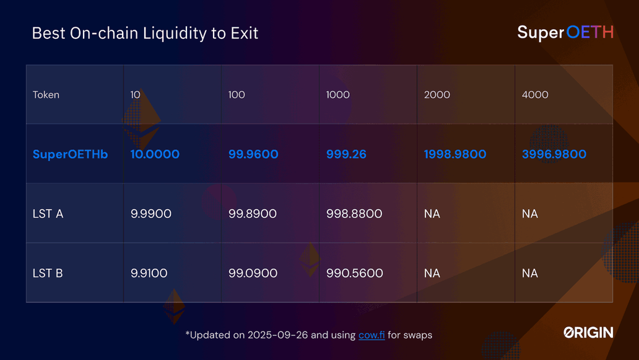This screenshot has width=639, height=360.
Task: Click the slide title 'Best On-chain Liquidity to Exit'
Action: [145, 33]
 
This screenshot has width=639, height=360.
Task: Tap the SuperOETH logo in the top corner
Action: [565, 32]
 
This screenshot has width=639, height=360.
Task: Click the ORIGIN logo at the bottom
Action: [588, 333]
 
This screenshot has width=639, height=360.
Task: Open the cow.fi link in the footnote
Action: [372, 335]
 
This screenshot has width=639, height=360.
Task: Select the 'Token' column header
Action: [46, 95]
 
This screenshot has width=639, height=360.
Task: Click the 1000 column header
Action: [337, 95]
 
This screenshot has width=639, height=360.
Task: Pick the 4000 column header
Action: [535, 95]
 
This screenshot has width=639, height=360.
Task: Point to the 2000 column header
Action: [437, 95]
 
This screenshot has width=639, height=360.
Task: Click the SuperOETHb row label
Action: [70, 154]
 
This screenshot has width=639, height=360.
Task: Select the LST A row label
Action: [48, 214]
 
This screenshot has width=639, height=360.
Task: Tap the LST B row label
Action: [48, 273]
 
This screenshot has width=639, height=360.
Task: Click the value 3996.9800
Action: [554, 154]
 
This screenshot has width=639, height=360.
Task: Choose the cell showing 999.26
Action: [346, 154]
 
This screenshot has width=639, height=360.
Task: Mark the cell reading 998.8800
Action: [354, 214]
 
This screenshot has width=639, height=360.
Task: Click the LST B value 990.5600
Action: [354, 273]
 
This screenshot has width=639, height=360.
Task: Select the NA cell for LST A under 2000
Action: [432, 214]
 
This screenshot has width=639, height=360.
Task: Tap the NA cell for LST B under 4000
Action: [529, 273]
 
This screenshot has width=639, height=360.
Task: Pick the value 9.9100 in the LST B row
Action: [149, 273]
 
